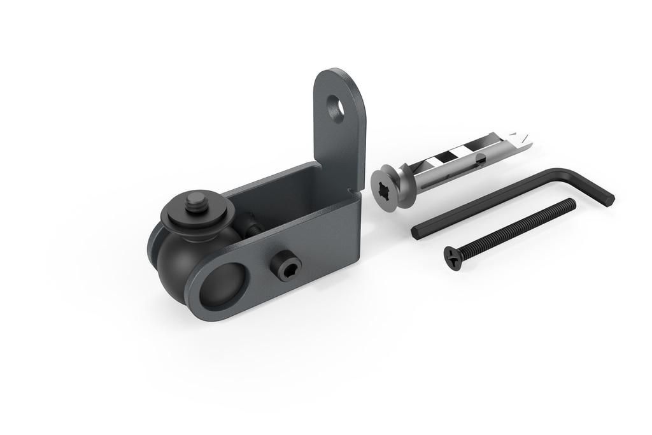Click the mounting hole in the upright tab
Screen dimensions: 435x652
[336, 108]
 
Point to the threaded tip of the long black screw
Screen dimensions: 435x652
[571, 203]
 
